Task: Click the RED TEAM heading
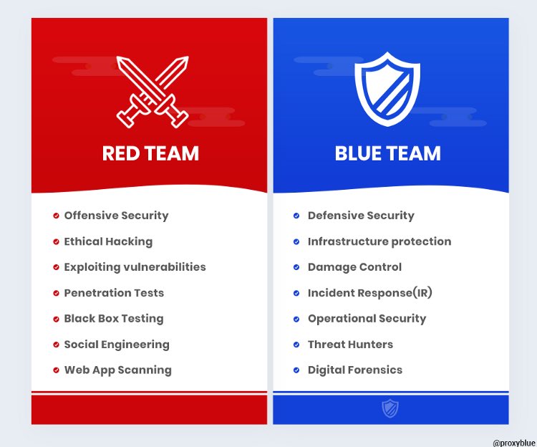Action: point(150,153)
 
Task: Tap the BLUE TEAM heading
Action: point(387,153)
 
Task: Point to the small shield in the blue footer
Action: point(390,409)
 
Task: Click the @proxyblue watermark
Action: point(509,443)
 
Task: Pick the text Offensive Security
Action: point(116,216)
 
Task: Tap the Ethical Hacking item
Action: point(108,241)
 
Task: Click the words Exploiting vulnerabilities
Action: point(135,267)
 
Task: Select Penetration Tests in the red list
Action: point(114,293)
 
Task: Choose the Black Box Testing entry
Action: point(114,319)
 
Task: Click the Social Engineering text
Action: point(117,345)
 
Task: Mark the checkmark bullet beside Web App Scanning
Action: point(57,370)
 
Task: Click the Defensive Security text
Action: point(361,216)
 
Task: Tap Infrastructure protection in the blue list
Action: point(379,241)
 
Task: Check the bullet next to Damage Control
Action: point(296,267)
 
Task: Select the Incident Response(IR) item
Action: point(370,293)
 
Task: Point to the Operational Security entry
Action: point(367,319)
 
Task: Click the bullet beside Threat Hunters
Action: point(296,345)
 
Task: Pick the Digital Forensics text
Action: point(355,370)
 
